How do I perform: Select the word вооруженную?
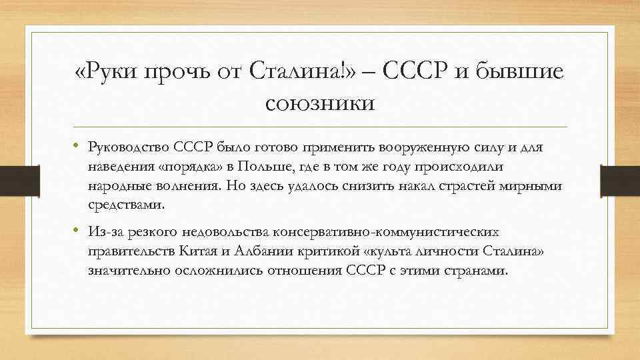(x=434, y=147)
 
